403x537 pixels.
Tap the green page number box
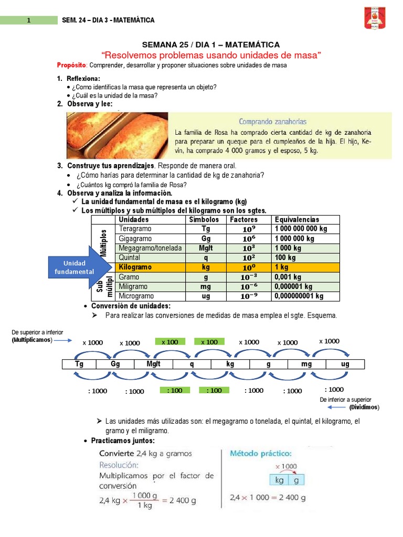(29, 20)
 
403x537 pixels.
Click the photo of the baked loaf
(117, 135)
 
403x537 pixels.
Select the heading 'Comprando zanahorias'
(272, 121)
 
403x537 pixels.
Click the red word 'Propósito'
(71, 66)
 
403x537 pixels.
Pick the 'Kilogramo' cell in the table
(135, 267)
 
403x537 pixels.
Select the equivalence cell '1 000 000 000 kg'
(301, 229)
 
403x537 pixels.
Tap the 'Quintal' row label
(130, 258)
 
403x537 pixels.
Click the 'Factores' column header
(243, 220)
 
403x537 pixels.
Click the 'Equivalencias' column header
(296, 220)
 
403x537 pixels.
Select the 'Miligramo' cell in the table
(133, 287)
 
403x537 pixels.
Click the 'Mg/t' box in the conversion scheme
(153, 364)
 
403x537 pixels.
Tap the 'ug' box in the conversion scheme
(345, 364)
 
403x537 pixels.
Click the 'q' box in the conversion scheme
(192, 364)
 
